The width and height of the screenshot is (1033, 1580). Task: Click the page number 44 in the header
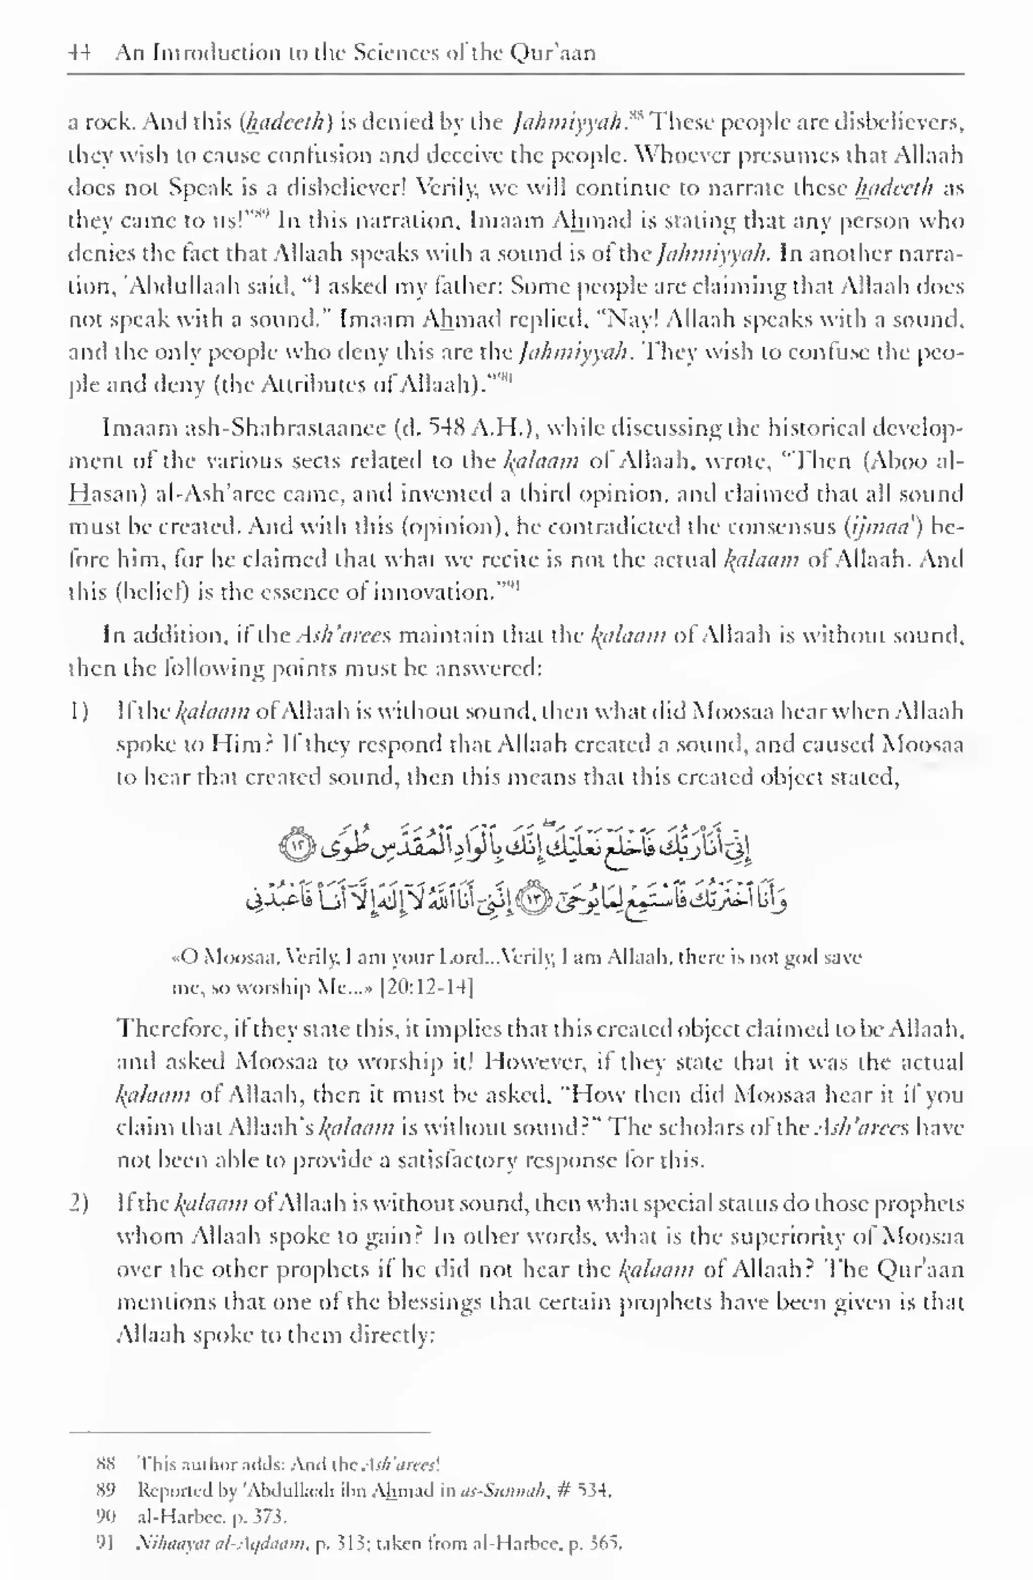79,52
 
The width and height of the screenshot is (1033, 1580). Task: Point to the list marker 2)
80,1203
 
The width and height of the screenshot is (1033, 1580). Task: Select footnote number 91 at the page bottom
105,1543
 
